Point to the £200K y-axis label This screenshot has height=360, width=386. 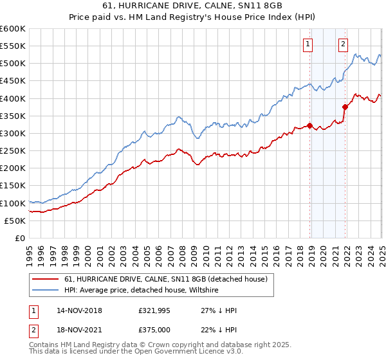coord(13,168)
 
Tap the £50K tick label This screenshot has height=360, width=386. coord(15,221)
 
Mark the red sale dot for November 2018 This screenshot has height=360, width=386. coord(310,125)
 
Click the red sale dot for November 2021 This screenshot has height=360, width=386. coord(345,107)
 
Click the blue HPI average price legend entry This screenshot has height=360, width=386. coord(142,291)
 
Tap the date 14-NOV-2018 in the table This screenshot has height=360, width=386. coord(80,310)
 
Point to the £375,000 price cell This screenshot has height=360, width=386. coord(155,331)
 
